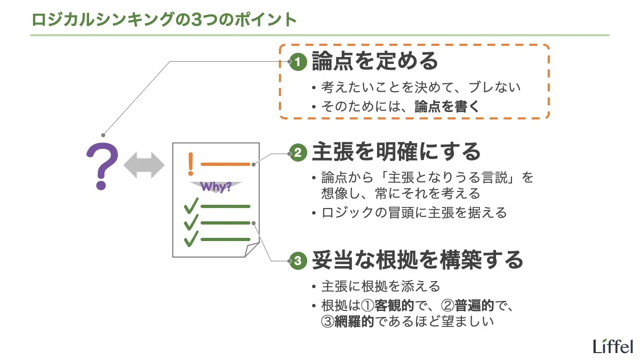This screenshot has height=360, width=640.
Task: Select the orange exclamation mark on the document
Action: click(190, 164)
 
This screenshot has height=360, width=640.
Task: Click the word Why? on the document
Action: click(216, 187)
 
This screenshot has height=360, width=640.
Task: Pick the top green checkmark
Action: click(190, 205)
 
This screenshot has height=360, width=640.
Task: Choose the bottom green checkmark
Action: click(190, 238)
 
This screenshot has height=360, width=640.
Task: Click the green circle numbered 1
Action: click(297, 62)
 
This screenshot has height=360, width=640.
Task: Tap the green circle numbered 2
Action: click(297, 154)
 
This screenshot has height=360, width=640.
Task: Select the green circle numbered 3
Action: click(297, 261)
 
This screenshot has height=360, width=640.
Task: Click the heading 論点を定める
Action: click(374, 61)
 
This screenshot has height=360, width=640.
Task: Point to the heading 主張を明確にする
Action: click(396, 153)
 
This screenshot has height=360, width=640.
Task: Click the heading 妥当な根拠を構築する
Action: click(417, 260)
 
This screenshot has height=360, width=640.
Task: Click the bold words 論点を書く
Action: click(447, 106)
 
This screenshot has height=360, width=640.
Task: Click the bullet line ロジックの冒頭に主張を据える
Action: click(414, 213)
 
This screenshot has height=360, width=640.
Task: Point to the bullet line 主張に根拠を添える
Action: click(381, 286)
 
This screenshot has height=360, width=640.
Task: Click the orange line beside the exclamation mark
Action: click(225, 164)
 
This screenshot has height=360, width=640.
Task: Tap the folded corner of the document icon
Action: click(253, 250)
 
